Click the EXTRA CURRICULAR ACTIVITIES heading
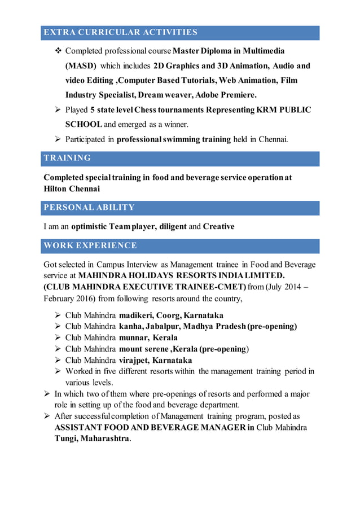120,32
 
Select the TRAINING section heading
67,158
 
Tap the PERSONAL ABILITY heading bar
89,208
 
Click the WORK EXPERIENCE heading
90,245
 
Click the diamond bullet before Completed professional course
58,51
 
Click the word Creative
218,226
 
